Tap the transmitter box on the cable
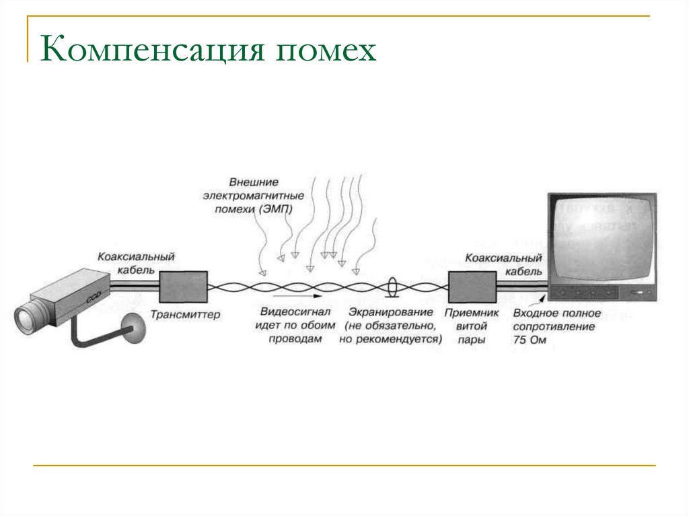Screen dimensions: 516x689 tap(183, 286)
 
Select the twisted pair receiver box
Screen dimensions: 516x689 tap(471, 287)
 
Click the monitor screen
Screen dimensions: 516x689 tap(600, 238)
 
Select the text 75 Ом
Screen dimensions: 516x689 tap(530, 340)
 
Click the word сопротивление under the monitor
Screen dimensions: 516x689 tap(554, 327)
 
